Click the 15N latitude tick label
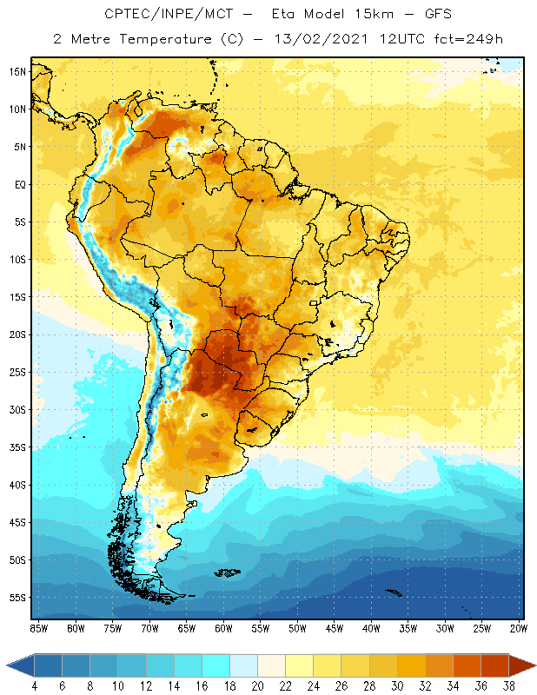pyautogui.click(x=17, y=71)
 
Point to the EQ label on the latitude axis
pyautogui.click(x=18, y=184)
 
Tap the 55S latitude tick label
pyautogui.click(x=17, y=598)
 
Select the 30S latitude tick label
pyautogui.click(x=17, y=409)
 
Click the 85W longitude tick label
pyautogui.click(x=38, y=628)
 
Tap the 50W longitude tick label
pyautogui.click(x=297, y=628)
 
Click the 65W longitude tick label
pyautogui.click(x=186, y=628)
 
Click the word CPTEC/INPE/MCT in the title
pyautogui.click(x=155, y=15)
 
